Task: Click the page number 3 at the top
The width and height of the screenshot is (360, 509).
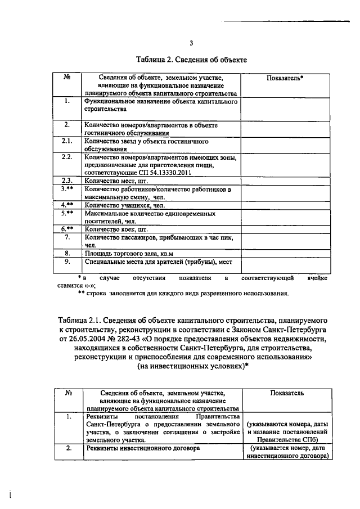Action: pos(191,43)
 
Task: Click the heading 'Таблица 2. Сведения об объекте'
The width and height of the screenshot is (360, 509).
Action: pos(191,58)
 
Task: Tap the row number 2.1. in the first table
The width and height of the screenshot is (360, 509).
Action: pos(66,141)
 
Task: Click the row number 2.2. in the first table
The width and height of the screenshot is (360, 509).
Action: pos(66,157)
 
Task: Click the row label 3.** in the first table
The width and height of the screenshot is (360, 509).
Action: pos(66,190)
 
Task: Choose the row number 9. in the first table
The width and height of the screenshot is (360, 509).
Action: pos(66,262)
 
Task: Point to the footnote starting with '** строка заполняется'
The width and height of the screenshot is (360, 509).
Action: pos(183,293)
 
